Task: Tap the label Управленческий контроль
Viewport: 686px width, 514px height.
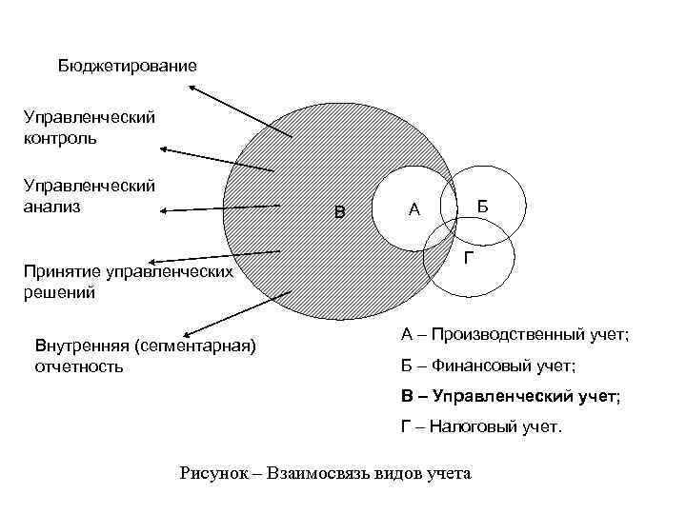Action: (90, 128)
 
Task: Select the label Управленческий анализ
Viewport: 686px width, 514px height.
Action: (90, 195)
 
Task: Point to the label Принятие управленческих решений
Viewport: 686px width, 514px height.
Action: (128, 283)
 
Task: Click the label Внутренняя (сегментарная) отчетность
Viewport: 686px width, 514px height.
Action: (145, 354)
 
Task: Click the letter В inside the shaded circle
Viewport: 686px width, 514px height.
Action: (339, 210)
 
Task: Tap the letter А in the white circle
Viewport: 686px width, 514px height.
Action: (414, 209)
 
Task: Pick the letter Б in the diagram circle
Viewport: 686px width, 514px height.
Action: (483, 207)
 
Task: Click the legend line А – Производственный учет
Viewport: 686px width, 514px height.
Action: (514, 334)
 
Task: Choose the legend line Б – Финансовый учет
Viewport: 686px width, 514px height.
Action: (488, 365)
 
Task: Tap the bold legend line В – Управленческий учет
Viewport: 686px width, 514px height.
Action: (510, 395)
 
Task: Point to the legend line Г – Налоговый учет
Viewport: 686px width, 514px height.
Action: (481, 426)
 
